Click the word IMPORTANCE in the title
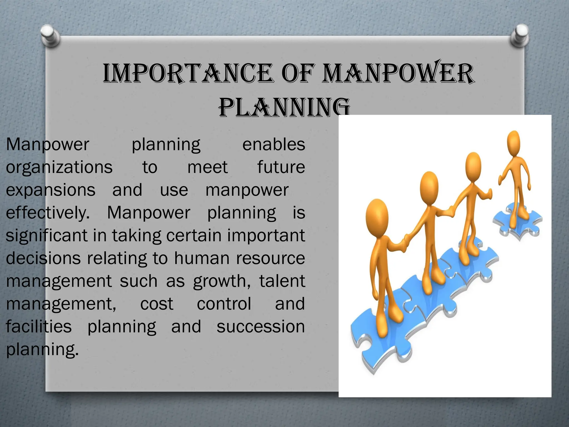click(x=188, y=73)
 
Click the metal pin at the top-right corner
click(x=520, y=35)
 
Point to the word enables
click(x=274, y=145)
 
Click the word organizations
click(x=59, y=167)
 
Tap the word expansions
click(x=51, y=190)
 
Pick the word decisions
click(x=43, y=259)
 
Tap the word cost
click(x=157, y=304)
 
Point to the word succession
click(x=261, y=327)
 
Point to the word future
click(x=281, y=167)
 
